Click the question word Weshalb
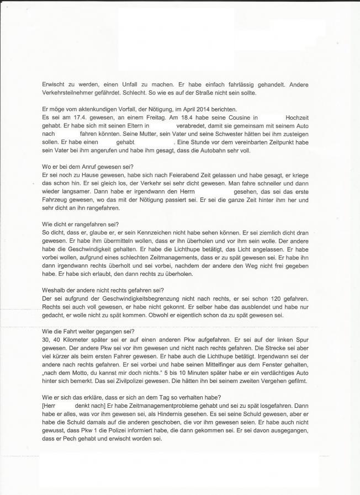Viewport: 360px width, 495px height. click(x=55, y=290)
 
